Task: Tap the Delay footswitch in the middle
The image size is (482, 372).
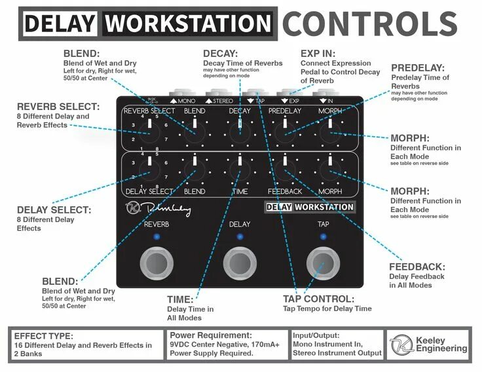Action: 240,263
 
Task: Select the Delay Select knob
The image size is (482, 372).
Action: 149,172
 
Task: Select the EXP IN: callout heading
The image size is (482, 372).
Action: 318,53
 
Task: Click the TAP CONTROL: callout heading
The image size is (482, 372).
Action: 318,299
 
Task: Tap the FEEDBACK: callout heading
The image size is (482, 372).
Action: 417,267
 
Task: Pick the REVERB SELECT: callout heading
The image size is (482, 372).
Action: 58,106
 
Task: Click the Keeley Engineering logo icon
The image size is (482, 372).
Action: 401,344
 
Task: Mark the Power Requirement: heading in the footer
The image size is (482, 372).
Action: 210,334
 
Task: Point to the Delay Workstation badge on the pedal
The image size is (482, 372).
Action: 310,207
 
